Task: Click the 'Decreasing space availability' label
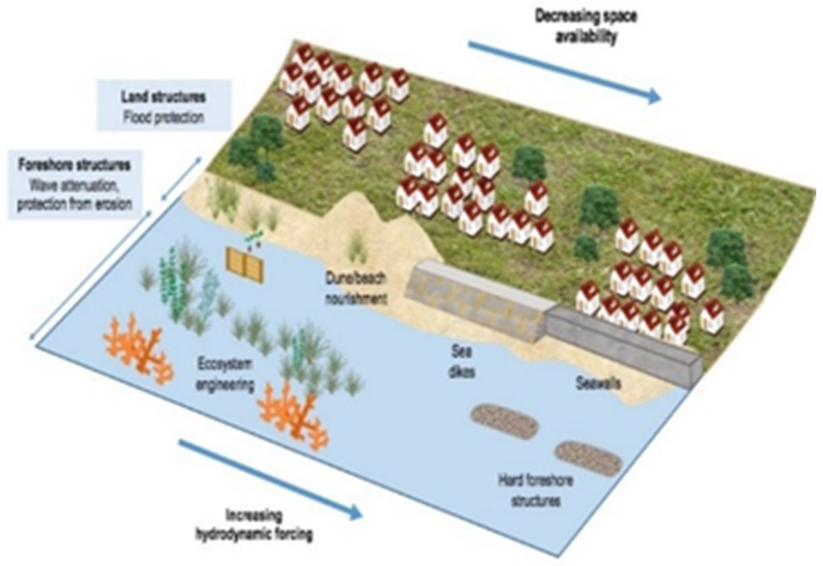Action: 585,27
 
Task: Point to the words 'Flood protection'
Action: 163,117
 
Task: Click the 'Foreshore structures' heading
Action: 74,165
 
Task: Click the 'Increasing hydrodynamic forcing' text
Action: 254,525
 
